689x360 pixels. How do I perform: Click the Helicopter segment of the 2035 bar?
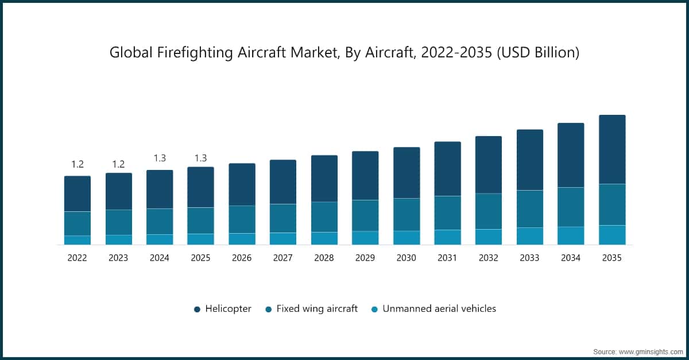click(612, 149)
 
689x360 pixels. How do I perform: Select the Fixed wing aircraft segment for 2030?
click(407, 214)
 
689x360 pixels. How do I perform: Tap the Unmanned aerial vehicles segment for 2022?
click(77, 240)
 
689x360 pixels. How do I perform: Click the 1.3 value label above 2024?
click(159, 158)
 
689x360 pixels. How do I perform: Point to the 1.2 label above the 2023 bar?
click(118, 164)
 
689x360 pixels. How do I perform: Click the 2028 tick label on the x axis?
click(324, 258)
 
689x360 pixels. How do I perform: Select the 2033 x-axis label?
click(529, 258)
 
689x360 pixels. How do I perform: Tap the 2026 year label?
click(242, 258)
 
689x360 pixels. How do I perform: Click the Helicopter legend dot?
click(197, 309)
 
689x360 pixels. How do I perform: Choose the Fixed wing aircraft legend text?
click(317, 308)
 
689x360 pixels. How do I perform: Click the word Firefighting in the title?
click(185, 53)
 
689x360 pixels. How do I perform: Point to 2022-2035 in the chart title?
click(448, 53)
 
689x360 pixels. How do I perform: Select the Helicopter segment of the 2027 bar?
click(283, 181)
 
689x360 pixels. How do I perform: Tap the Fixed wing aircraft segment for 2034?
click(571, 207)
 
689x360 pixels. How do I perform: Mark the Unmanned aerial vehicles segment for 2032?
click(489, 237)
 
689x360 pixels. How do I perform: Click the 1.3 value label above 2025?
click(200, 158)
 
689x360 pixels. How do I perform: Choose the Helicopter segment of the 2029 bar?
click(365, 175)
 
